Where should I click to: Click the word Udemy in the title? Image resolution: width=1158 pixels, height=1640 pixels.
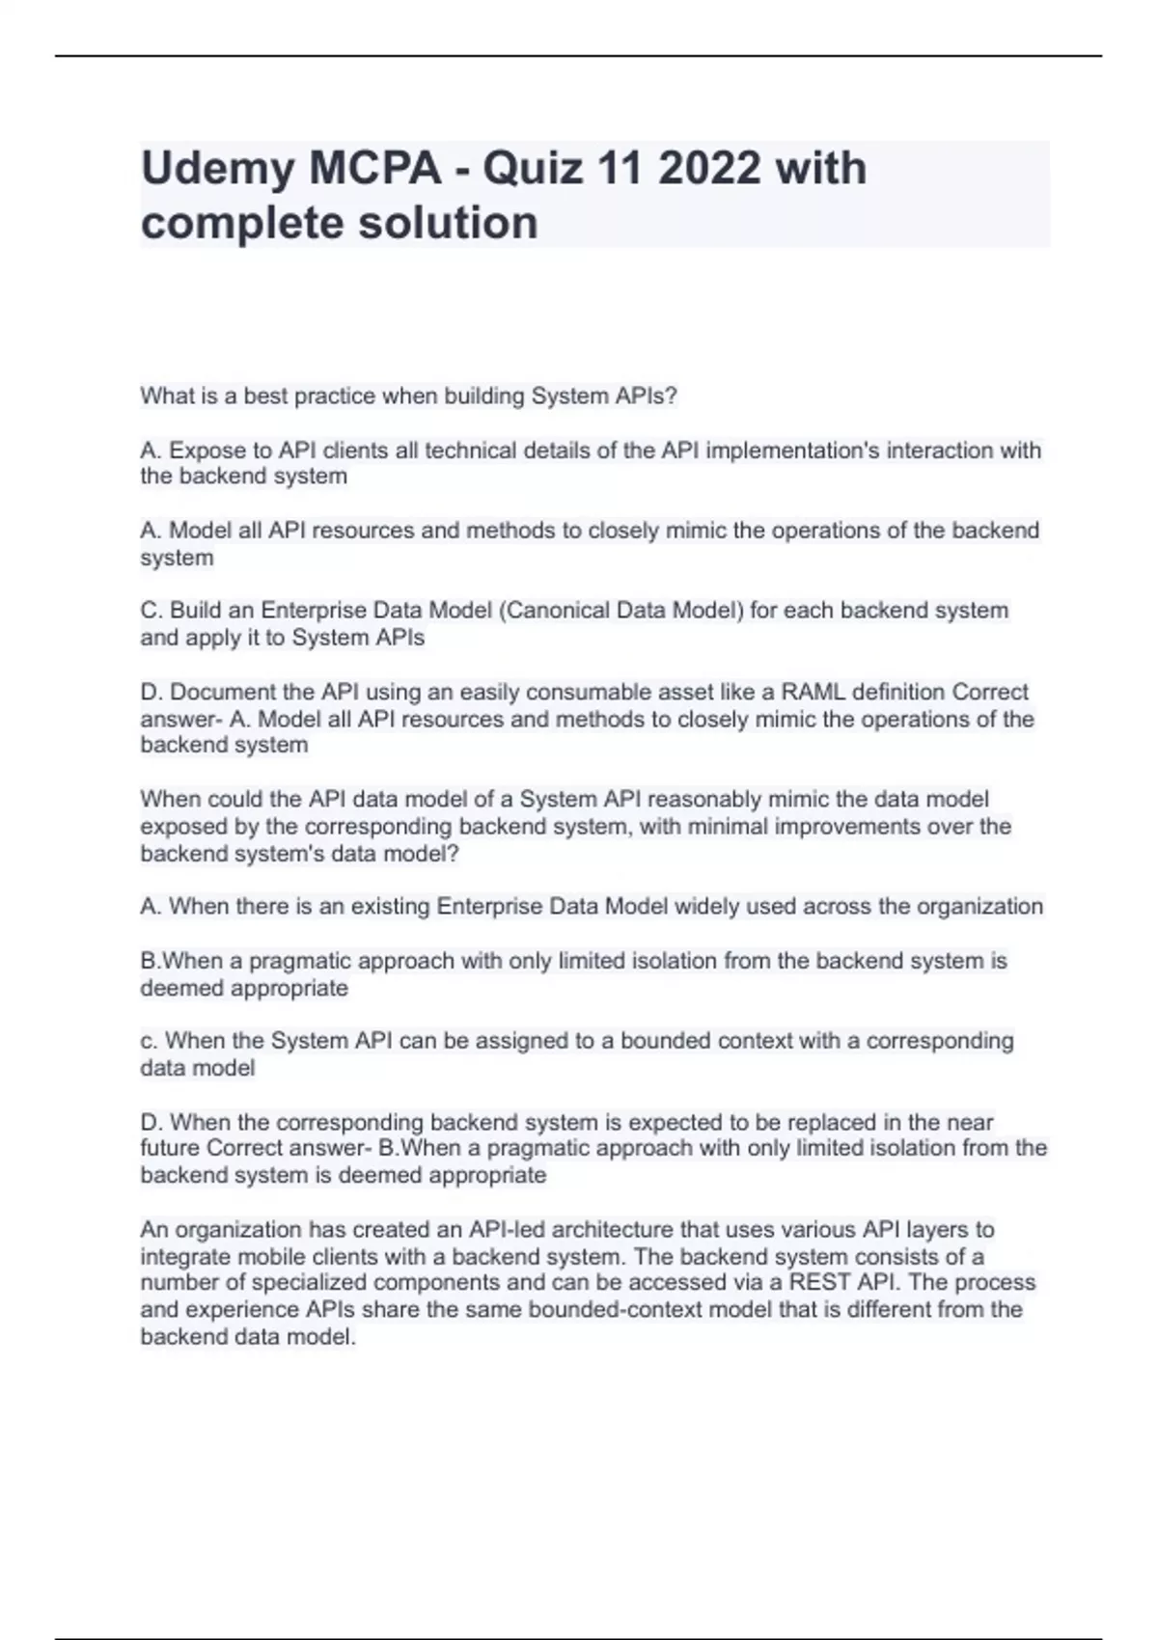pos(218,170)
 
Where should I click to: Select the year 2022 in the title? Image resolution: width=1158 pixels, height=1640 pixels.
pos(708,170)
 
